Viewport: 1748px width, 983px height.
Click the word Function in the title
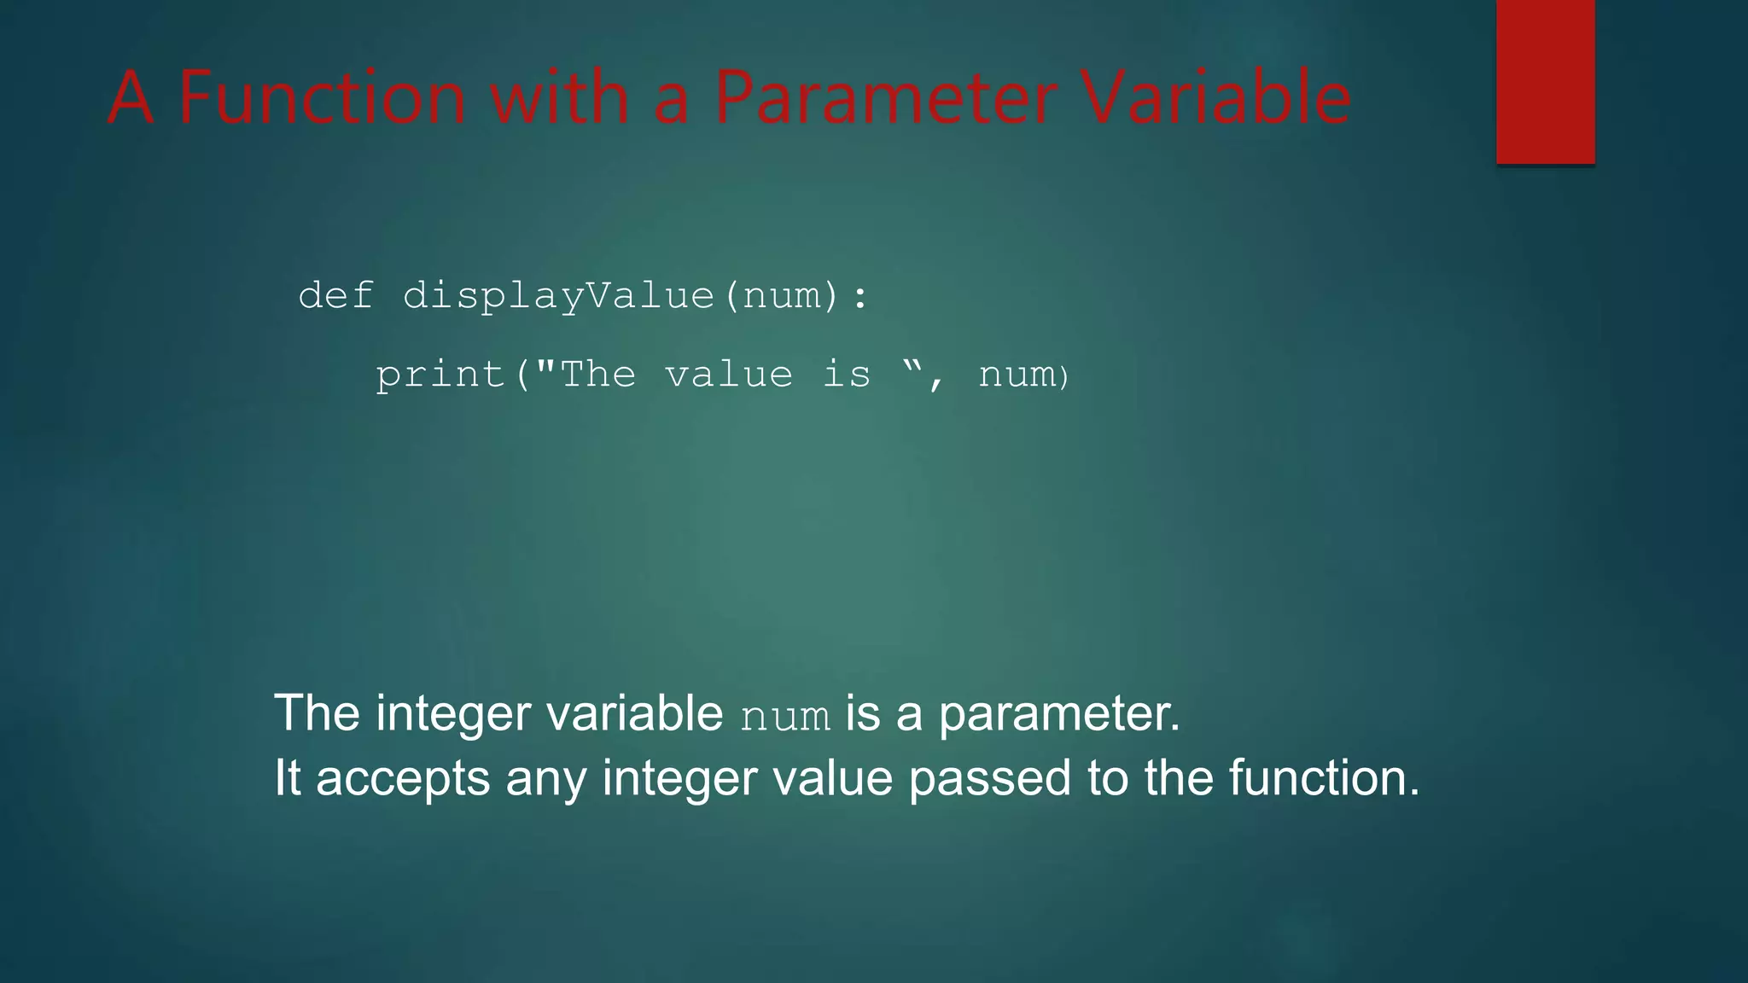click(x=323, y=97)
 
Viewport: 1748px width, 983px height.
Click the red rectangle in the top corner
click(x=1545, y=82)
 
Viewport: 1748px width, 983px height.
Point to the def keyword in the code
click(x=335, y=296)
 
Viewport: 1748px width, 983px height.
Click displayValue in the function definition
click(x=558, y=296)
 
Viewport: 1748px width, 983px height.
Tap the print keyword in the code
click(x=440, y=375)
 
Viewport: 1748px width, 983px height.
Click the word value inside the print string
click(x=729, y=375)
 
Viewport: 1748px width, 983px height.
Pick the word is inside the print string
click(x=847, y=375)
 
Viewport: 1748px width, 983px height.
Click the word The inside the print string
click(x=597, y=375)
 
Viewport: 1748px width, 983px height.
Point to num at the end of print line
click(x=1016, y=375)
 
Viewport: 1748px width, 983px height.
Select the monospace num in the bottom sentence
click(x=784, y=716)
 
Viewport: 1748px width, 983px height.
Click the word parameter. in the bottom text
click(x=1059, y=713)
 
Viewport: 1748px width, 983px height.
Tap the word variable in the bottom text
click(x=634, y=713)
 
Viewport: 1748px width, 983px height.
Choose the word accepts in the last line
click(x=403, y=779)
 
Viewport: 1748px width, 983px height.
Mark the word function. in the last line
click(x=1324, y=777)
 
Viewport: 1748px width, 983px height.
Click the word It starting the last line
click(x=287, y=777)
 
